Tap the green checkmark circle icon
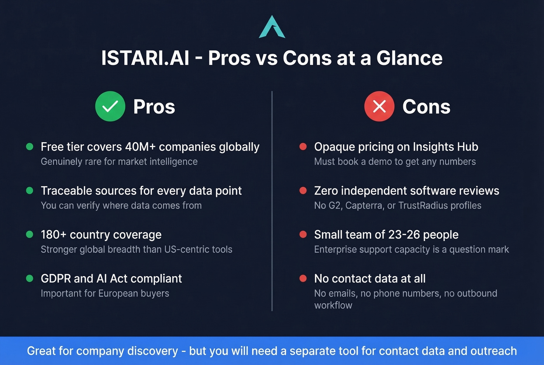pyautogui.click(x=110, y=106)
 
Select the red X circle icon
pyautogui.click(x=379, y=106)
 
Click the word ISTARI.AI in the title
pyautogui.click(x=145, y=58)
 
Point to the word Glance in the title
pyautogui.click(x=409, y=58)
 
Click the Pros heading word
pyautogui.click(x=154, y=107)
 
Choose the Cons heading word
pyautogui.click(x=426, y=107)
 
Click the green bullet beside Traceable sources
pyautogui.click(x=30, y=190)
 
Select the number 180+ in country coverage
pyautogui.click(x=54, y=235)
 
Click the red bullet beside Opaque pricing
pyautogui.click(x=303, y=147)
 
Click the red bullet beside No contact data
pyautogui.click(x=303, y=278)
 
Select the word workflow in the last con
pyautogui.click(x=333, y=306)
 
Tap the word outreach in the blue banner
pyautogui.click(x=493, y=351)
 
